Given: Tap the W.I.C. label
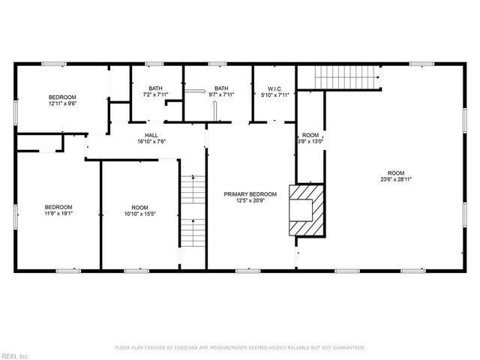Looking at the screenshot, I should point(274,88).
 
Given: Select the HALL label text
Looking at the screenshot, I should point(151,135).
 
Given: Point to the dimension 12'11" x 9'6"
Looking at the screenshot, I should point(63,103).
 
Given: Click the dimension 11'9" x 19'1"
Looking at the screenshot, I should point(58,214).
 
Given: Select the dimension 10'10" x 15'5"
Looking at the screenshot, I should point(140,214).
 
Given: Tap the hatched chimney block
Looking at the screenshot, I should point(304,210).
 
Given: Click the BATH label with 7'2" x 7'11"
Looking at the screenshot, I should point(155,88).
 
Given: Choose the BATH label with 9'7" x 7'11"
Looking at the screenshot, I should point(221,88).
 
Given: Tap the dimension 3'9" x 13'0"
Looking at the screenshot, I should point(310,141).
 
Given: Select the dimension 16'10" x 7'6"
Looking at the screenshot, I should point(151,141).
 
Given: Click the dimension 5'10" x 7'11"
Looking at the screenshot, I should point(274,94).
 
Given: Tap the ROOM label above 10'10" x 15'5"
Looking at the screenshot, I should point(140,208).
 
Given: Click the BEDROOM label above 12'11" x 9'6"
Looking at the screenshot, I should point(63,97).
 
